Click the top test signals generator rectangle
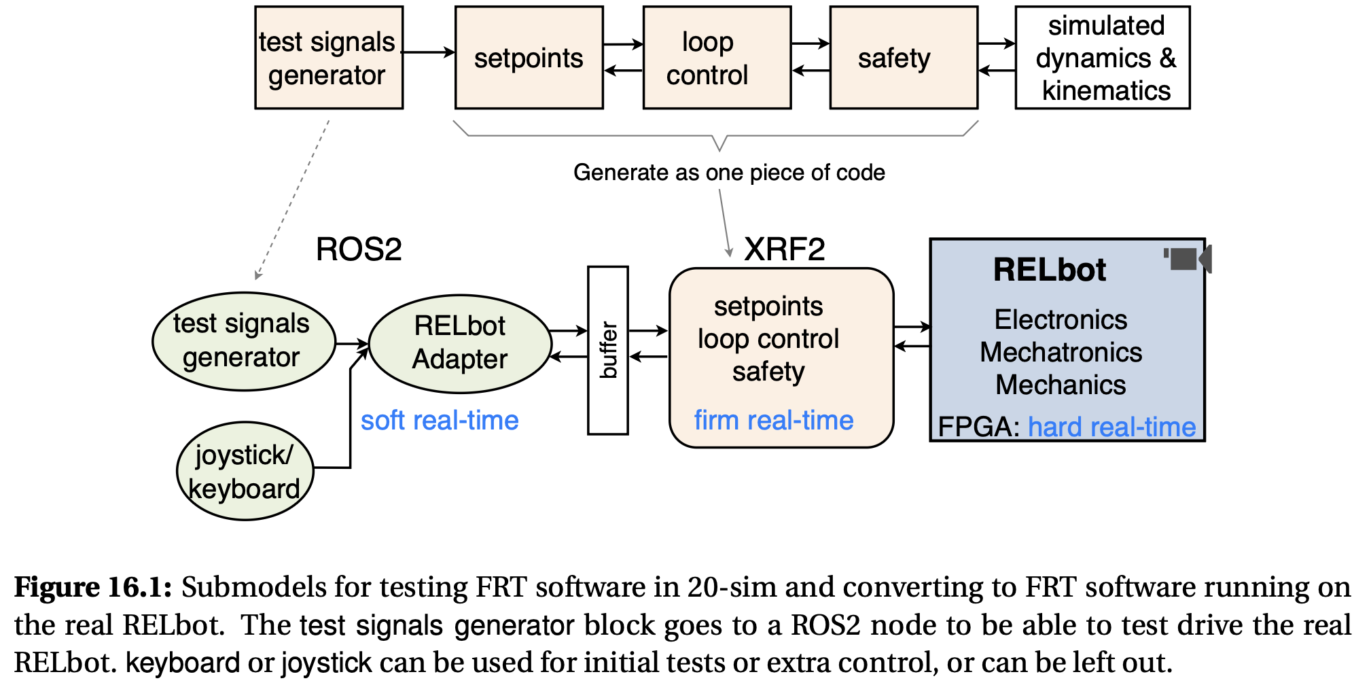click(329, 58)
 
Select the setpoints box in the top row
click(529, 58)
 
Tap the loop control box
click(717, 58)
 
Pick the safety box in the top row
click(904, 58)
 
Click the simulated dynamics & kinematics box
click(1103, 58)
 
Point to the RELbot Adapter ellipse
click(460, 343)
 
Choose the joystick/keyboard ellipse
click(245, 472)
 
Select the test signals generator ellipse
click(243, 341)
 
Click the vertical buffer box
click(608, 351)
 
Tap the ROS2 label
click(359, 249)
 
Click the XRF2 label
click(785, 249)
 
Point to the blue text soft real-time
click(440, 421)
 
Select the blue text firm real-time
click(774, 421)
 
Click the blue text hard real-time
click(1111, 427)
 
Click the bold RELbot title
click(1050, 270)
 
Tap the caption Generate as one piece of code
click(729, 173)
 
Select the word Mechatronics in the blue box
click(1061, 353)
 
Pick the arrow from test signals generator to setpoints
click(429, 52)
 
